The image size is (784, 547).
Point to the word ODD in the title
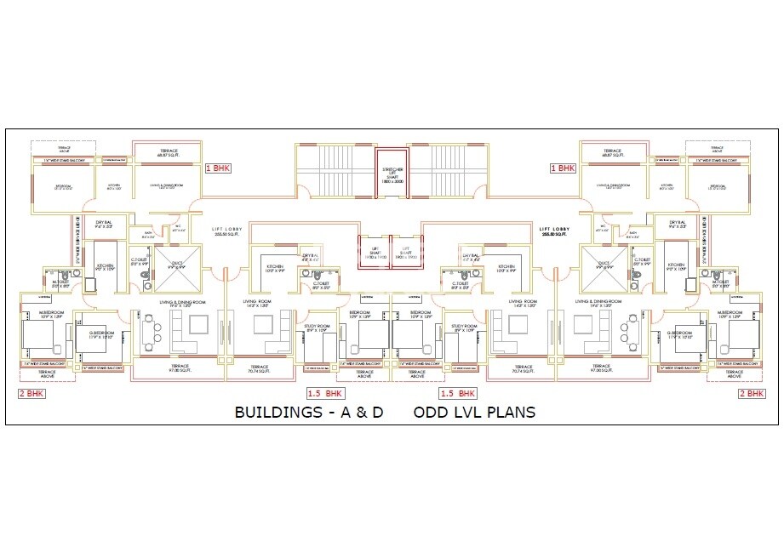tap(431, 413)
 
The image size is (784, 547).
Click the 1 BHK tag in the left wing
tap(218, 168)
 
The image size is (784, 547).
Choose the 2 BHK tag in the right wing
tap(752, 393)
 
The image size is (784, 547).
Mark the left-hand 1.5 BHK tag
tap(324, 394)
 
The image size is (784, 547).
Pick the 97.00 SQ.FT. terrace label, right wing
tap(604, 370)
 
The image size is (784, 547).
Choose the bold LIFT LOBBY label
tap(556, 230)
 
